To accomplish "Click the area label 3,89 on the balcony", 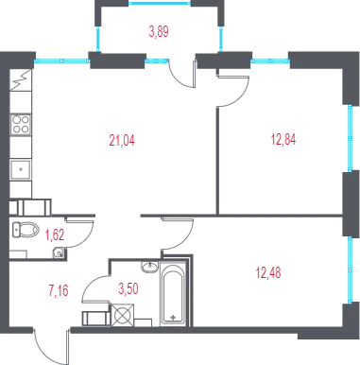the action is click(x=159, y=32).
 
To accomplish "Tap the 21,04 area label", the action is click(x=122, y=140).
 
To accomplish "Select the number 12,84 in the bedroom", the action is click(x=283, y=139).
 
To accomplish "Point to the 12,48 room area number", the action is click(x=268, y=272).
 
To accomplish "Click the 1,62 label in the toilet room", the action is click(x=55, y=235).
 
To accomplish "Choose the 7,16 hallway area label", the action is click(x=59, y=290).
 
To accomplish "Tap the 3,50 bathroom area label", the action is click(x=129, y=288).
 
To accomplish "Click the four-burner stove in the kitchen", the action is click(x=21, y=124).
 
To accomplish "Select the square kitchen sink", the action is click(x=21, y=170).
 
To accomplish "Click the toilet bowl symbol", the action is click(x=26, y=229).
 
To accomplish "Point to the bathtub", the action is click(x=173, y=293).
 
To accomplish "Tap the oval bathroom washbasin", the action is click(x=150, y=267).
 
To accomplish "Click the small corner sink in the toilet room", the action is click(x=59, y=252).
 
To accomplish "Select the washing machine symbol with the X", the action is click(x=123, y=315).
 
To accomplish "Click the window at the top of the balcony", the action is click(x=160, y=3).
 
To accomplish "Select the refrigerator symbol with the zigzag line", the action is click(x=21, y=79).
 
